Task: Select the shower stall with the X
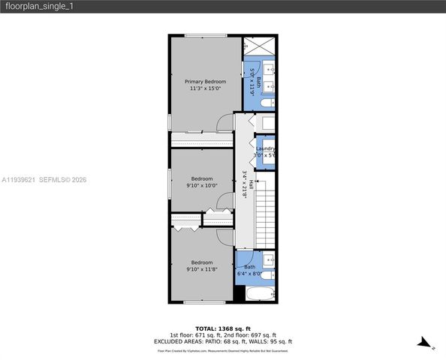(x=259, y=45)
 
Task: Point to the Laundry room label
(x=265, y=148)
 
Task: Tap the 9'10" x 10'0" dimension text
(x=202, y=186)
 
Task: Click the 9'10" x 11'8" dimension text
(x=202, y=268)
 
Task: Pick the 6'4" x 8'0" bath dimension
(x=250, y=274)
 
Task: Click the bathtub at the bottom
(x=259, y=293)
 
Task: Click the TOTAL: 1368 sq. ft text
(x=222, y=328)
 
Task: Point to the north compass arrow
(x=426, y=345)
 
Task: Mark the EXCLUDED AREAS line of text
(x=222, y=341)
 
